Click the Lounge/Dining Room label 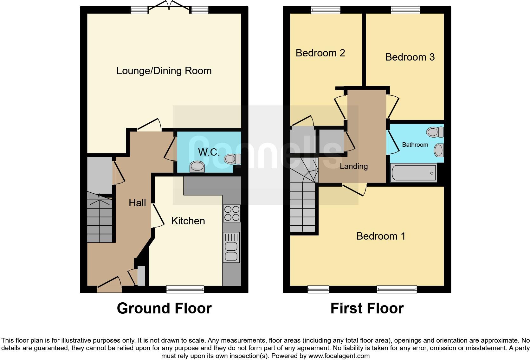(164, 71)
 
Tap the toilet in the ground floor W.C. (232, 159)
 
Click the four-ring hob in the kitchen (232, 213)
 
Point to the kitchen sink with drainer (231, 247)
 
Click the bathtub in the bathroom (413, 173)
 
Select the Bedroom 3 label (410, 57)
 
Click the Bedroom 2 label (320, 53)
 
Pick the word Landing (354, 166)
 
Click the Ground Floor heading (164, 308)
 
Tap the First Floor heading (367, 308)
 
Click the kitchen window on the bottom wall (185, 289)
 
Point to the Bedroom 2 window (326, 10)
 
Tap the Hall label (137, 203)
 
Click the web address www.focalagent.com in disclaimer (339, 356)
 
